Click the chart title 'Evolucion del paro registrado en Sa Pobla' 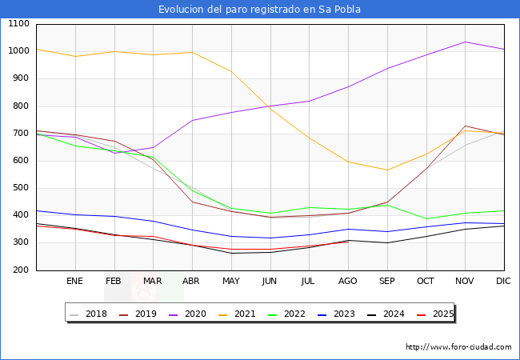pyautogui.click(x=259, y=10)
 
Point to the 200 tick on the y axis pyautogui.click(x=21, y=270)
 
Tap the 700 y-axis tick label pyautogui.click(x=21, y=134)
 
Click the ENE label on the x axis pyautogui.click(x=74, y=281)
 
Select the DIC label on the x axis pyautogui.click(x=503, y=281)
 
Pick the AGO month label pyautogui.click(x=348, y=281)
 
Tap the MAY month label pyautogui.click(x=230, y=281)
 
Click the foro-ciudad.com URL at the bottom pyautogui.click(x=458, y=347)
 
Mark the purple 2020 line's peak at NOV pyautogui.click(x=465, y=42)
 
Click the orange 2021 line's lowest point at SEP pyautogui.click(x=387, y=170)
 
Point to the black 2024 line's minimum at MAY pyautogui.click(x=230, y=254)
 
